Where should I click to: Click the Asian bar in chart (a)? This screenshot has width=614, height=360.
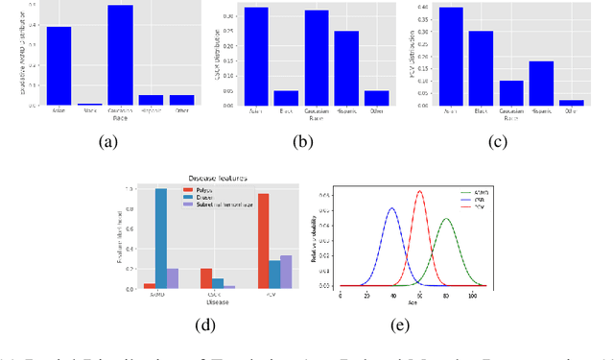(x=59, y=65)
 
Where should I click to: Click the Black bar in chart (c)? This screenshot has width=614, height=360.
(x=482, y=68)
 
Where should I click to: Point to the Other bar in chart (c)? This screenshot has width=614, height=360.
(x=571, y=102)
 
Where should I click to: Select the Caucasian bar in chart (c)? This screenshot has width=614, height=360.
(x=511, y=92)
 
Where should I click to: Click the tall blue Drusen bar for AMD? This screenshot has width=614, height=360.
(x=161, y=239)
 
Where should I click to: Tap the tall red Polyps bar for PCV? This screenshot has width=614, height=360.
(x=263, y=241)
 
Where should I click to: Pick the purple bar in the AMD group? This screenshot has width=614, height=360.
(x=173, y=278)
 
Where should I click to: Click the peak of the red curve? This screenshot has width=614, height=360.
(x=419, y=192)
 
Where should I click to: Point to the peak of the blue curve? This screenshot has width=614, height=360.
(x=391, y=209)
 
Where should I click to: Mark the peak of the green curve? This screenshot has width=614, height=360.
(x=446, y=220)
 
